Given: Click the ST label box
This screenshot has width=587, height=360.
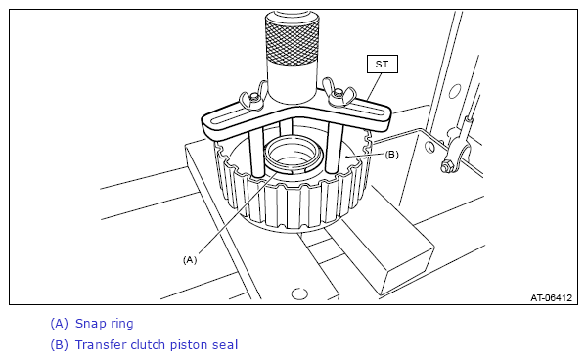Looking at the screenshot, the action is coord(382,65).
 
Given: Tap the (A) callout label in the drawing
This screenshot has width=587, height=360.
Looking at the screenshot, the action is coord(190,259).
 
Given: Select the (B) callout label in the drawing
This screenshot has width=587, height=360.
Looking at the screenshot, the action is coord(391,155).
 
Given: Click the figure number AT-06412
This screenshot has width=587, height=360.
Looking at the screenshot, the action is coord(551,297).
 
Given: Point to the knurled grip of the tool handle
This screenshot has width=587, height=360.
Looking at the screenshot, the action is coord(293,40).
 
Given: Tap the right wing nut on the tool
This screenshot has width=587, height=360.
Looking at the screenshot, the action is coord(339,94).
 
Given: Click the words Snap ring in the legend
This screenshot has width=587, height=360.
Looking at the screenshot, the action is coord(104,324).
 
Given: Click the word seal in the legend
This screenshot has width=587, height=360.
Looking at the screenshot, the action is coord(225,344).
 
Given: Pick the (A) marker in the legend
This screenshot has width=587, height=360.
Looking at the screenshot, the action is coord(59,324).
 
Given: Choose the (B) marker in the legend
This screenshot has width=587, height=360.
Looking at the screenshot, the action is coord(59,344).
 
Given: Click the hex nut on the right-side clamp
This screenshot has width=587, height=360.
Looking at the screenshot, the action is coord(447,166).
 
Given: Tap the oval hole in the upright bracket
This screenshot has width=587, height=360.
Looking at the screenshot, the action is coord(455,91).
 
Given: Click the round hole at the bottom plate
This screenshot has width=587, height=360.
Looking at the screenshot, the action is coord(299,293).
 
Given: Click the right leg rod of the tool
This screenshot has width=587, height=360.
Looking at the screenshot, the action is coord(334,148).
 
